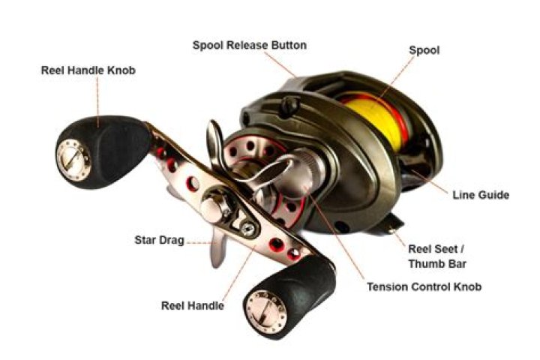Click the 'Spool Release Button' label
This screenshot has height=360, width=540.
tap(249, 46)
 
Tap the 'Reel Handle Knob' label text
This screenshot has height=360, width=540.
tap(88, 70)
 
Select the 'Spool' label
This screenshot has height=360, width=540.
tap(424, 50)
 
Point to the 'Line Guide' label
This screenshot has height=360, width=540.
tap(481, 195)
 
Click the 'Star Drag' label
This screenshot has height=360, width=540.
tap(160, 240)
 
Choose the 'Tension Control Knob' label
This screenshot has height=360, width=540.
tap(424, 286)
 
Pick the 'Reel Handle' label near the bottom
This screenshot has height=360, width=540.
tap(193, 305)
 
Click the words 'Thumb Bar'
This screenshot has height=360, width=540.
tap(437, 264)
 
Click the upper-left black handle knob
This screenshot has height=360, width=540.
tap(103, 152)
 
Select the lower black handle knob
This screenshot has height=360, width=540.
tap(289, 297)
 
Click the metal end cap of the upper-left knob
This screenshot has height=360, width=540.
tap(73, 160)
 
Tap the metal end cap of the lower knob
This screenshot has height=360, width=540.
tap(265, 312)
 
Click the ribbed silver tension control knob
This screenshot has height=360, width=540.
tap(309, 168)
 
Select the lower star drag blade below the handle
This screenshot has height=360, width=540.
tap(218, 247)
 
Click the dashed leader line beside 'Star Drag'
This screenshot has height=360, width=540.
tap(199, 242)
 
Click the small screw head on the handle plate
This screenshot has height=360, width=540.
tap(248, 229)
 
